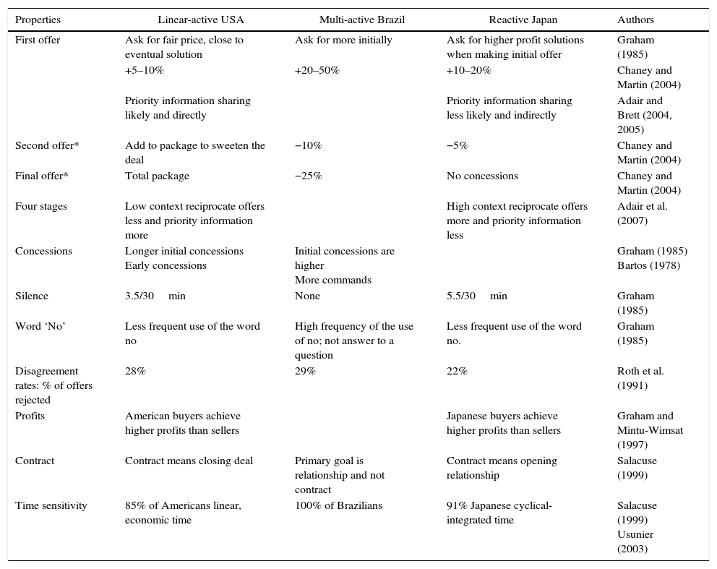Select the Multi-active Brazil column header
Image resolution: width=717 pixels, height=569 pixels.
362,20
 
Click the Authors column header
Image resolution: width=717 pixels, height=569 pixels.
635,20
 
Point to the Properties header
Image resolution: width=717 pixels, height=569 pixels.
38,20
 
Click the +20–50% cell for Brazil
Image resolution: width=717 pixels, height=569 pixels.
317,70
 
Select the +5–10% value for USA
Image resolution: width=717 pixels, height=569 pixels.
144,70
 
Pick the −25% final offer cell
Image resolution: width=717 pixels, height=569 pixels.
308,176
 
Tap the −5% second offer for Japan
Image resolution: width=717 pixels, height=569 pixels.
457,145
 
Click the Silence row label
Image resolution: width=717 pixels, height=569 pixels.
32,296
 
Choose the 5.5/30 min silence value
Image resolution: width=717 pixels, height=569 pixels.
476,296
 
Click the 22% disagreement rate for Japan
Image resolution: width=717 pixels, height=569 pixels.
457,371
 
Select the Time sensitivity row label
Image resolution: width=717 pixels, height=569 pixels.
51,505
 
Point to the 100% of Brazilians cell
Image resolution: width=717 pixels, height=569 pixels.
338,505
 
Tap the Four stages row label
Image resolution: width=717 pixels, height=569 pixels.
41,206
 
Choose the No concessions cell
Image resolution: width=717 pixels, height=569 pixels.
482,176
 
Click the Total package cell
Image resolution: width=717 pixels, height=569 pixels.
157,176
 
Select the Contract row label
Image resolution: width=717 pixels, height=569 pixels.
35,461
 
